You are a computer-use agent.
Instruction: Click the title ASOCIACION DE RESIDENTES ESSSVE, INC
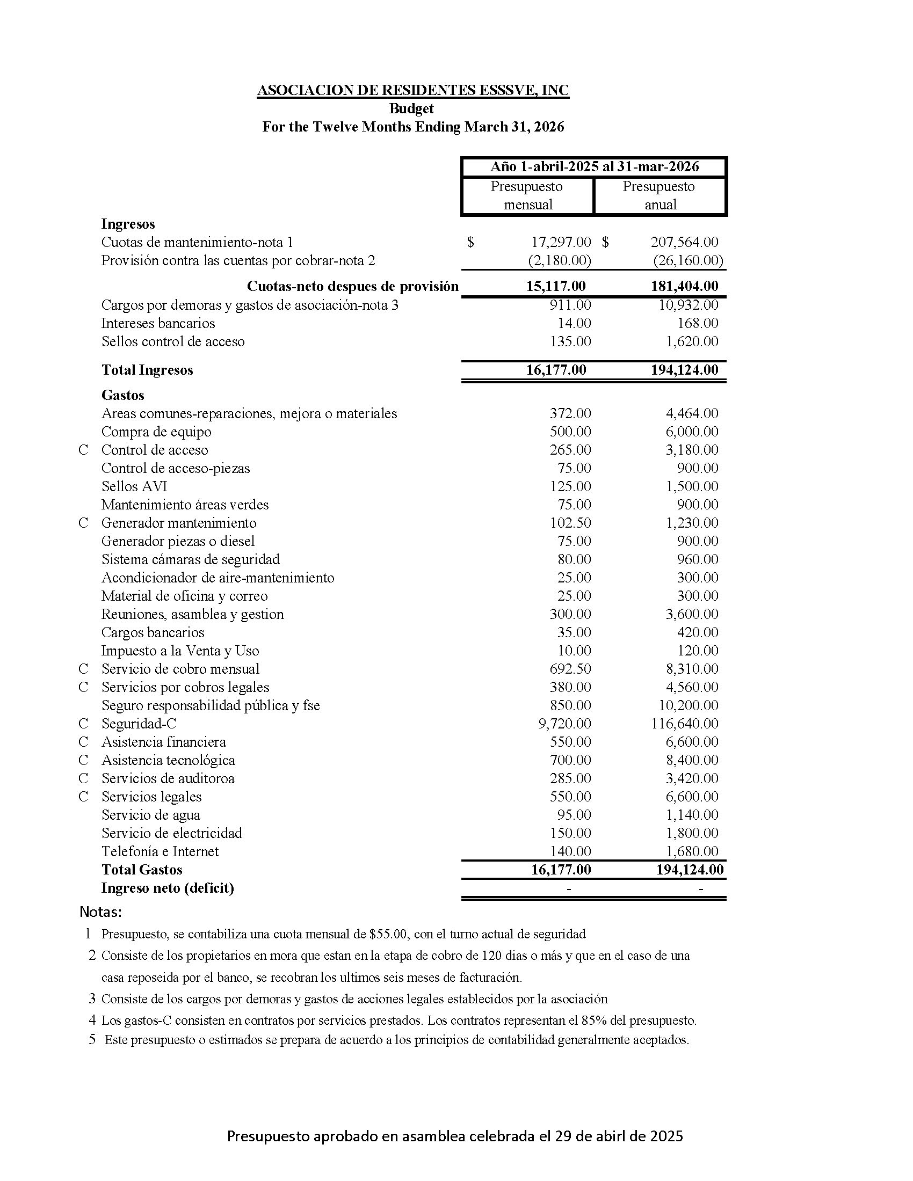(412, 90)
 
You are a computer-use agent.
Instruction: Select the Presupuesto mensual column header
(527, 196)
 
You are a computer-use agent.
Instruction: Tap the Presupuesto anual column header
(660, 196)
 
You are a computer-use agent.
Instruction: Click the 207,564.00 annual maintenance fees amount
(684, 242)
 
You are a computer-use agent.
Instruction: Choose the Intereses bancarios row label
(158, 323)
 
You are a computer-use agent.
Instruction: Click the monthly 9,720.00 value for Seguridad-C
(564, 724)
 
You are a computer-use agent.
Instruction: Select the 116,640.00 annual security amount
(684, 724)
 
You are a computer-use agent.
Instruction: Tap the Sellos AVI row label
(134, 486)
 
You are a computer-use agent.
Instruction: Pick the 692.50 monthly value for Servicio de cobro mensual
(570, 669)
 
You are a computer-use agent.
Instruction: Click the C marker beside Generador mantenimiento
(83, 523)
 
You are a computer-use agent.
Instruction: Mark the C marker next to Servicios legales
(83, 797)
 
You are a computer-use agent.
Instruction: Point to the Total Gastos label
(142, 870)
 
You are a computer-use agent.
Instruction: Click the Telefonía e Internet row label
(160, 851)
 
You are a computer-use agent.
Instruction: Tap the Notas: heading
(100, 912)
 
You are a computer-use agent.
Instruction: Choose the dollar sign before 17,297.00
(470, 242)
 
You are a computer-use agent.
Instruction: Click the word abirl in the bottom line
(613, 1136)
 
